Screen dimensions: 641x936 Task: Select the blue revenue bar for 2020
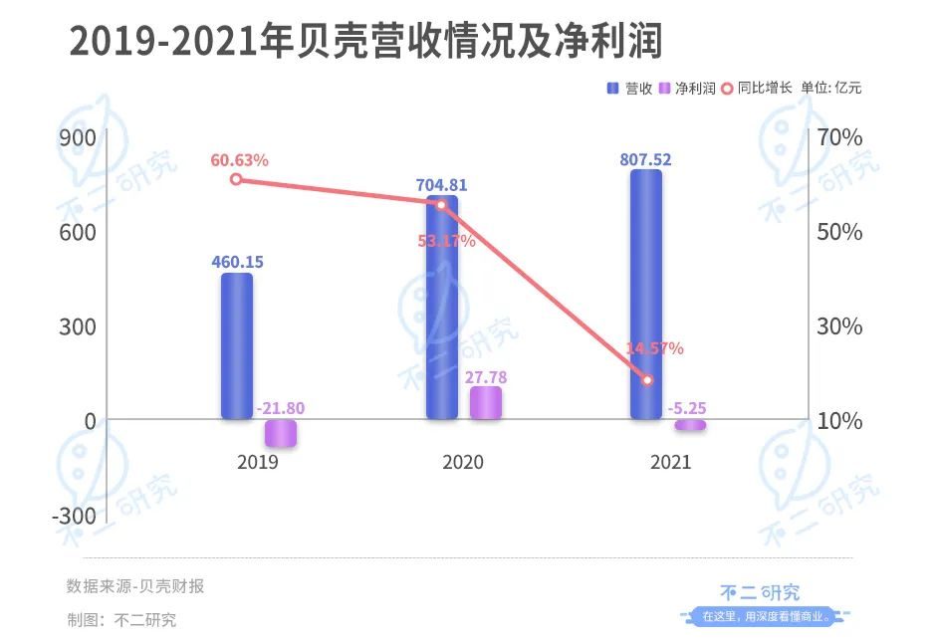(x=441, y=309)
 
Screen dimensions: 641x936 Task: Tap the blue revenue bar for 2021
(x=645, y=294)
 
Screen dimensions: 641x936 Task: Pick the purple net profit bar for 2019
(x=281, y=433)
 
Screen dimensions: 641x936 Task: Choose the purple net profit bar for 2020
(x=486, y=403)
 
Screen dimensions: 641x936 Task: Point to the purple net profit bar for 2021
(x=690, y=425)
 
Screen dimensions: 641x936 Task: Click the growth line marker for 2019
(x=236, y=179)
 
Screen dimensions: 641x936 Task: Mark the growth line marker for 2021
(x=647, y=380)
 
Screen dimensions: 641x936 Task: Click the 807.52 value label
(x=645, y=158)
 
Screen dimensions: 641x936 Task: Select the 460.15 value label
(x=237, y=262)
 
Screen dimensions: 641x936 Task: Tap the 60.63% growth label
(x=239, y=159)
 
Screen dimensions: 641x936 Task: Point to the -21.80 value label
(x=281, y=408)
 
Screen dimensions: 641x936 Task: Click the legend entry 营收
(x=631, y=88)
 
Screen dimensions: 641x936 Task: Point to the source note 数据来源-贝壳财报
(x=135, y=586)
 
